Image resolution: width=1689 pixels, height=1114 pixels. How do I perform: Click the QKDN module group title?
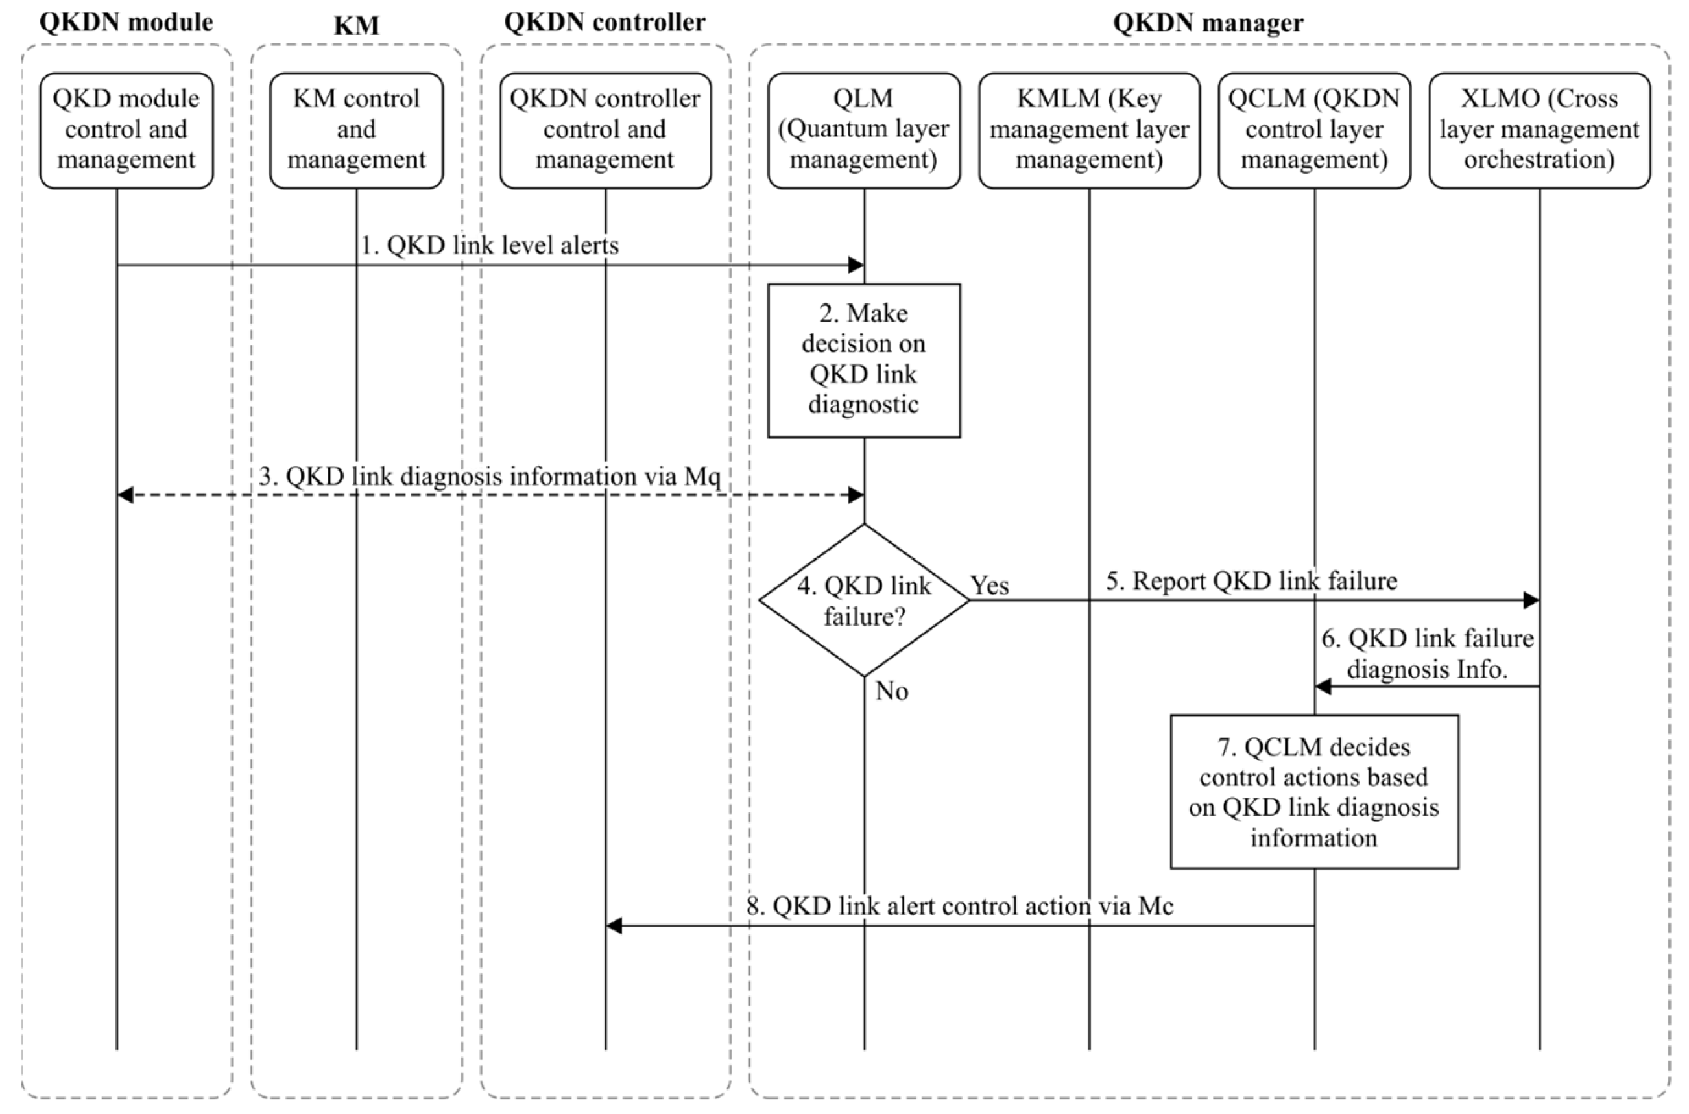point(126,22)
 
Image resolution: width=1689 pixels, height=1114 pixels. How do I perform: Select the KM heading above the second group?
point(356,25)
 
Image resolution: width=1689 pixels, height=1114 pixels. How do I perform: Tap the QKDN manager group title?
point(1208,22)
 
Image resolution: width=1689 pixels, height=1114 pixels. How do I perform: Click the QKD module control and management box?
point(126,130)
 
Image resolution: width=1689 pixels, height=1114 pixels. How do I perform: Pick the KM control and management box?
point(356,130)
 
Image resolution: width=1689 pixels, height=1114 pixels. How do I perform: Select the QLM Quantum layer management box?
point(863,130)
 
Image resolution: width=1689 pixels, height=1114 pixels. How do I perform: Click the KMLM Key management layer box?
point(1088,130)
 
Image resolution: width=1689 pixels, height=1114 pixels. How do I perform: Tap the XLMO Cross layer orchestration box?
point(1539,130)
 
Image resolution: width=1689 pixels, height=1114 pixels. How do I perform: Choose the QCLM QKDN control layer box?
point(1314,130)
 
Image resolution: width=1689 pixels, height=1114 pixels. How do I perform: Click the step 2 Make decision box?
point(863,361)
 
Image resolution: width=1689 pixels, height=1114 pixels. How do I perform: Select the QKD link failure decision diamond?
point(863,600)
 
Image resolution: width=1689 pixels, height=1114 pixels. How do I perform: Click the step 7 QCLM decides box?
point(1314,792)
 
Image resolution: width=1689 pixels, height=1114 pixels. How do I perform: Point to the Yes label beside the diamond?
point(990,586)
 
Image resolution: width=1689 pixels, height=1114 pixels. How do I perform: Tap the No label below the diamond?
point(891,691)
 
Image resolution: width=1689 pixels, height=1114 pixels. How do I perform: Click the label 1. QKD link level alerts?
point(490,245)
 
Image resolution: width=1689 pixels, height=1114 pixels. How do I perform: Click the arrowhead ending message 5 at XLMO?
point(1531,600)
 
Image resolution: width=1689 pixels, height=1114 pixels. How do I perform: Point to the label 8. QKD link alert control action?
point(959,906)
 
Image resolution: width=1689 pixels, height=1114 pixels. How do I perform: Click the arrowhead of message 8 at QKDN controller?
point(615,926)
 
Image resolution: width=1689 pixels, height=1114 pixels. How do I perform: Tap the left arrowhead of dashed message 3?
point(125,495)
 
